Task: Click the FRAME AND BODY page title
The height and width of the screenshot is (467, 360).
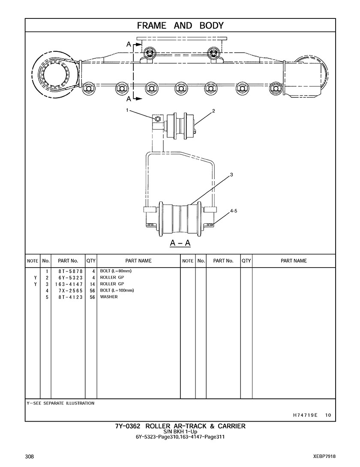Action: click(180, 26)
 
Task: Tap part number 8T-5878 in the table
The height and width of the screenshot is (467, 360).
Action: click(71, 271)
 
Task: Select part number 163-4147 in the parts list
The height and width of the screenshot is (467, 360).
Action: click(69, 284)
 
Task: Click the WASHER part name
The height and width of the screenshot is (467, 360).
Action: click(109, 297)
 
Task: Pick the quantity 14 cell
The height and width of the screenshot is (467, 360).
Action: click(92, 284)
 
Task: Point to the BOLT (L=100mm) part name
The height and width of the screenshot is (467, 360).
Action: click(117, 290)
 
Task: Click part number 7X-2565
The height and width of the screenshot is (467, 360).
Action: click(71, 291)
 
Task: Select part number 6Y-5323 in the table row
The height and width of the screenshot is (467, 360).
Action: click(71, 278)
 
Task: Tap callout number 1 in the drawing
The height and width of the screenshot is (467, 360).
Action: click(127, 110)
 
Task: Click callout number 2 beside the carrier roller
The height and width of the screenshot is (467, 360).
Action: click(213, 111)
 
